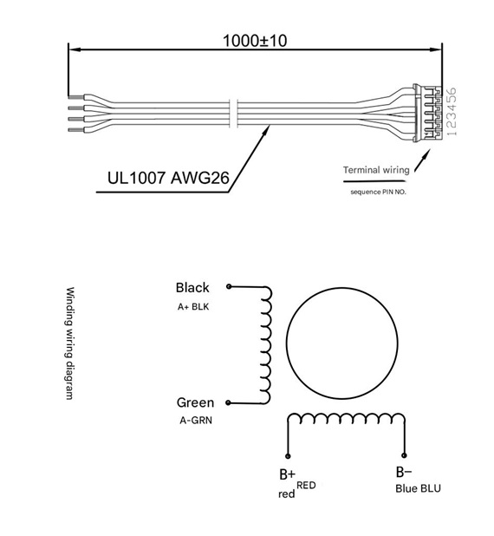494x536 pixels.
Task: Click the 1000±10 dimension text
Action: [x=255, y=41]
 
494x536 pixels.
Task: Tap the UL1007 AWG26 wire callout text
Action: [x=168, y=178]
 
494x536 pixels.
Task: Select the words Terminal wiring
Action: [x=376, y=170]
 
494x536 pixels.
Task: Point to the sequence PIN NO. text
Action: [x=378, y=193]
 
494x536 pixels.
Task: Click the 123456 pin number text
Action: [x=452, y=112]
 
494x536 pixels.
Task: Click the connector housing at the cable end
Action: [x=427, y=113]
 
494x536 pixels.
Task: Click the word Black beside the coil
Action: [x=192, y=287]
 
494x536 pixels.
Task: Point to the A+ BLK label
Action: [x=193, y=307]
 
